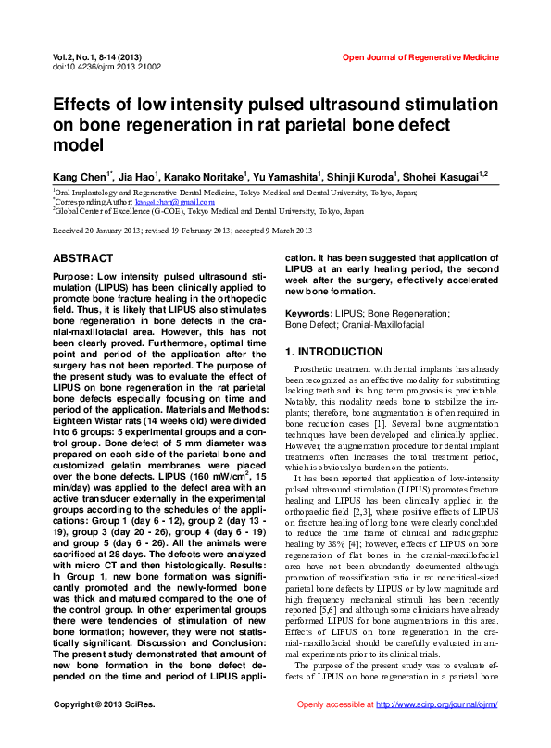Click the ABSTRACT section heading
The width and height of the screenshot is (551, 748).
(83, 258)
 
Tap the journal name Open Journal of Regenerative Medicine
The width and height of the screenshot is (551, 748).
(420, 57)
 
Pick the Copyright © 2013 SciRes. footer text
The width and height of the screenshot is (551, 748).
(98, 730)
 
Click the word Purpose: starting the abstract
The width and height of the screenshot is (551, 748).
(78, 276)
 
